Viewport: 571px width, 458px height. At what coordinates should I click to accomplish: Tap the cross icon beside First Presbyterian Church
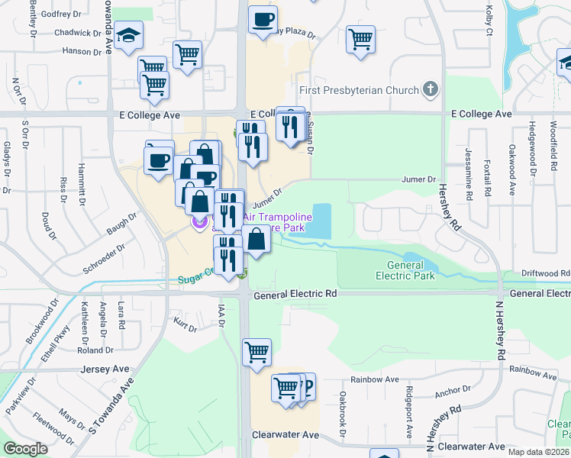(x=431, y=90)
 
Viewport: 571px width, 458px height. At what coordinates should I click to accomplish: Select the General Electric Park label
(x=405, y=270)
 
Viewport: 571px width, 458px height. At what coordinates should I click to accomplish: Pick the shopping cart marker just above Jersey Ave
(x=257, y=352)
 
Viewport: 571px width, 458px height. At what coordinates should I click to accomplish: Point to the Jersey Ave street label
(x=104, y=369)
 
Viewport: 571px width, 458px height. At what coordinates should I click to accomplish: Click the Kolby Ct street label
(x=489, y=20)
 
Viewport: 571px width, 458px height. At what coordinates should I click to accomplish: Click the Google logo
(x=26, y=448)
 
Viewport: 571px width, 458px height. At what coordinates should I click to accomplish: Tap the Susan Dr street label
(x=311, y=132)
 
